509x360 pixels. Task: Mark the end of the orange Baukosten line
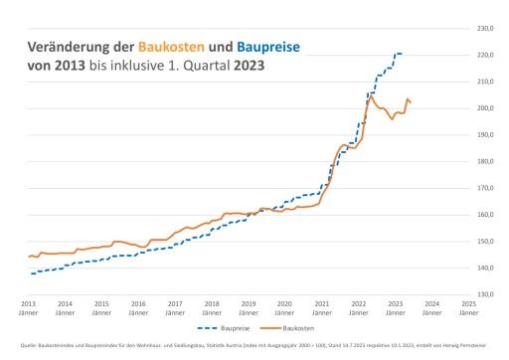(x=412, y=102)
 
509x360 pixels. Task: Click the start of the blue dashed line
(x=30, y=273)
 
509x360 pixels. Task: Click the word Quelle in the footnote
(x=29, y=347)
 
